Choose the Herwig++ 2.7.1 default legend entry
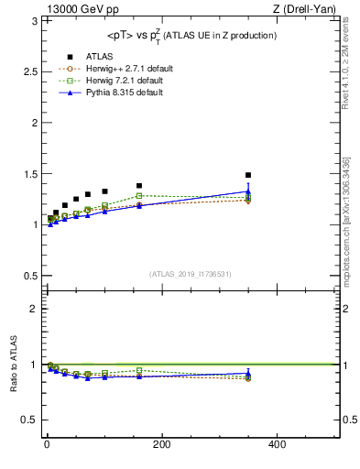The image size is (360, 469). coord(124,68)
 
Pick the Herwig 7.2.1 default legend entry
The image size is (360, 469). coord(123,80)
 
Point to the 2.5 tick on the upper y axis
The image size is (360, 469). coord(27,71)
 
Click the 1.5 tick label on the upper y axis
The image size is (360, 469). coord(27,173)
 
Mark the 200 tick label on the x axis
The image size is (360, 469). coord(161,444)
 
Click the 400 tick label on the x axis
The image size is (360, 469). coord(276,444)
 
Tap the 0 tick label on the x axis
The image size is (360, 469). coord(47,444)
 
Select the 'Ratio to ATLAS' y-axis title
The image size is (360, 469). coord(13,364)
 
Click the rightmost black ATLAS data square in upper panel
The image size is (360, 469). coord(248,175)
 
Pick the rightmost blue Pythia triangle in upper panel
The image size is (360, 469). coord(248,191)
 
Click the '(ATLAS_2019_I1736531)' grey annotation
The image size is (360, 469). coord(191,273)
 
